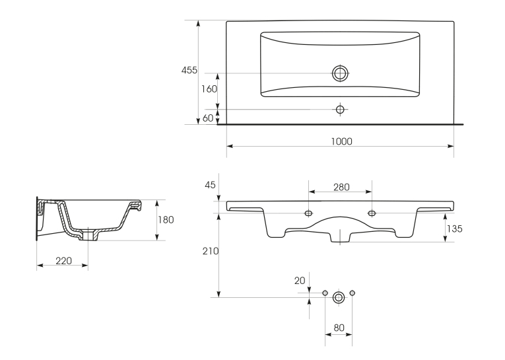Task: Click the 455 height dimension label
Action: [x=189, y=70]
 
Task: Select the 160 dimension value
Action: [x=209, y=89]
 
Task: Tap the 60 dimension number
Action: [x=208, y=118]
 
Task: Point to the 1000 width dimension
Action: [x=341, y=141]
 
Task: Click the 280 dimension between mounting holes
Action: [x=341, y=187]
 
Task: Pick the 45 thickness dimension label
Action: [x=210, y=185]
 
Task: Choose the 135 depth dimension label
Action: [x=454, y=229]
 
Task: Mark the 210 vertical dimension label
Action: [x=211, y=251]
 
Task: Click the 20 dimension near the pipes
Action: [x=300, y=281]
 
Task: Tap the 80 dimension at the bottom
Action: [x=339, y=328]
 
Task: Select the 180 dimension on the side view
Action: [x=166, y=220]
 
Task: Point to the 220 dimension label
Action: [x=64, y=260]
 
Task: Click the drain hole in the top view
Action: [x=340, y=73]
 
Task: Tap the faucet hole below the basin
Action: [x=340, y=110]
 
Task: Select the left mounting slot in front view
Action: [x=308, y=213]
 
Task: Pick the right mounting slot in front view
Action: [x=372, y=213]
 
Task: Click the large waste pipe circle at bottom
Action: [x=339, y=297]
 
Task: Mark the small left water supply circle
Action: [x=325, y=293]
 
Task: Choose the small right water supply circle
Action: [x=353, y=293]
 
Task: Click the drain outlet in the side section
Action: [x=88, y=235]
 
